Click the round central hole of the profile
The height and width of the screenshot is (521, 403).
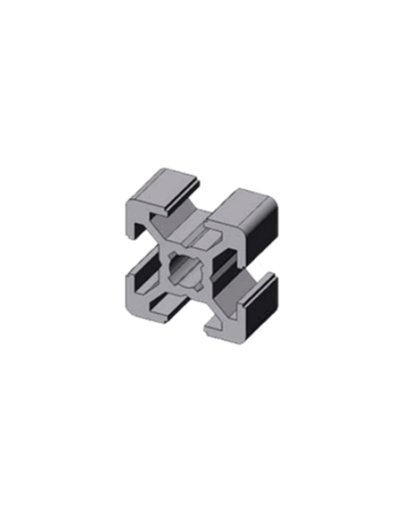coord(189,267)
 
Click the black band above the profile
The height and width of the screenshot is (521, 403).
coord(201,125)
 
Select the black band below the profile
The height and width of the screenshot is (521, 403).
coord(201,393)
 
